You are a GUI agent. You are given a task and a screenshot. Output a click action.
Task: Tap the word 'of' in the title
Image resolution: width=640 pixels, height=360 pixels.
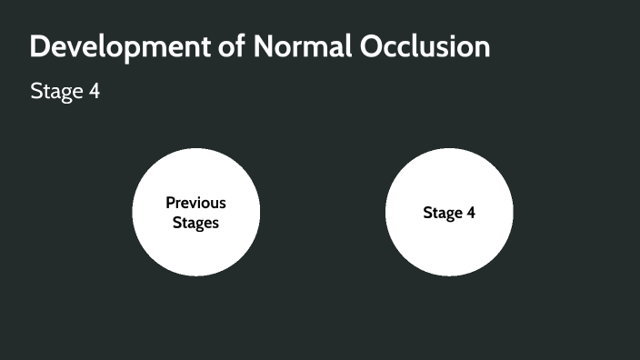(x=234, y=46)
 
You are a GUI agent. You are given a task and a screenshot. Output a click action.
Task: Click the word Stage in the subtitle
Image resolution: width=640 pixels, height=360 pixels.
(x=56, y=92)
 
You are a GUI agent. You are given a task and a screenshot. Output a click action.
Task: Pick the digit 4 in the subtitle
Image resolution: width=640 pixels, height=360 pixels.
(x=94, y=92)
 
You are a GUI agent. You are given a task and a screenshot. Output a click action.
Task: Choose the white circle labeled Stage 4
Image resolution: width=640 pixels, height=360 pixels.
(x=449, y=245)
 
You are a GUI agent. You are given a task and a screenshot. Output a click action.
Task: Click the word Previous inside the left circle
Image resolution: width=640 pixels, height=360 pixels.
(x=195, y=203)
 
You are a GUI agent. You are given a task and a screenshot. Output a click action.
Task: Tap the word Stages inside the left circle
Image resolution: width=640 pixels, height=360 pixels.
(x=195, y=222)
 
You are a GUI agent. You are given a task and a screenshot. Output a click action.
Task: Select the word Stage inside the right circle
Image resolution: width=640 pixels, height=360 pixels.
(x=442, y=213)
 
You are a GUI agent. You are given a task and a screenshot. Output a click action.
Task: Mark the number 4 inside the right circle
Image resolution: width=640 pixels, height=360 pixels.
(x=470, y=213)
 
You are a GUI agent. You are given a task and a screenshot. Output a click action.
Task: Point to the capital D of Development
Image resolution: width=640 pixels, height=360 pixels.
(x=40, y=46)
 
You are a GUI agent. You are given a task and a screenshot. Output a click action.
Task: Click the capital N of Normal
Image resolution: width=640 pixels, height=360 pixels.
(x=266, y=46)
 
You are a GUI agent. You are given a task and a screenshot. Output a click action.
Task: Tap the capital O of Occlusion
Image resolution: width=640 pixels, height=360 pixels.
(x=374, y=46)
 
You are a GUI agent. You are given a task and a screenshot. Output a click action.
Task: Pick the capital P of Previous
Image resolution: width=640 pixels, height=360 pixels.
(x=170, y=203)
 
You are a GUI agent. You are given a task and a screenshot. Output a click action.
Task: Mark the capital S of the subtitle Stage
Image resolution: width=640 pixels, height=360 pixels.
(x=35, y=92)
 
